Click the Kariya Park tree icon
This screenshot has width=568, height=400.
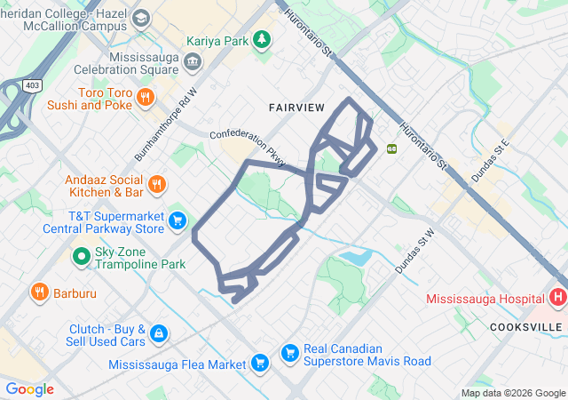(262, 40)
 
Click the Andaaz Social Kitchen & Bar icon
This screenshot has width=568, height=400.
(157, 185)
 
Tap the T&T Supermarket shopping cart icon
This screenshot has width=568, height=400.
(178, 221)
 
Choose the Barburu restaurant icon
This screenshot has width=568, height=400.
(40, 292)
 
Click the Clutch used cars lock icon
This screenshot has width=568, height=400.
(158, 333)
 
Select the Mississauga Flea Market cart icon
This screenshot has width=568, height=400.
(260, 363)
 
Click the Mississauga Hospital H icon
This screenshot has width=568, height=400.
(557, 298)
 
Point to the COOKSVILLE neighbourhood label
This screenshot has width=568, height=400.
(526, 327)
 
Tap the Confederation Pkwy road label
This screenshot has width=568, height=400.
(248, 148)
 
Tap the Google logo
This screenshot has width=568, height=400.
(29, 389)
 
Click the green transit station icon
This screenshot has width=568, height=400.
(390, 148)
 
